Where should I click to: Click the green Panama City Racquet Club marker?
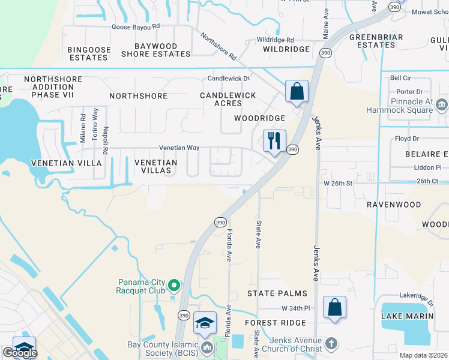coord(174,285)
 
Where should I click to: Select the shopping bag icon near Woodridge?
coord(297,92)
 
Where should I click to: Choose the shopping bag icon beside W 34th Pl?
coord(335,307)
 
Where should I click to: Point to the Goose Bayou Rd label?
coord(136,26)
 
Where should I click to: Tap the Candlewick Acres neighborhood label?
coord(228,100)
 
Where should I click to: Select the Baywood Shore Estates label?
coord(156,50)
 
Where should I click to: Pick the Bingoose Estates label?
coord(88,53)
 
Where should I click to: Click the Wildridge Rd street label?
coord(276,40)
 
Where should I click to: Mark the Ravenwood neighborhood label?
coord(394,205)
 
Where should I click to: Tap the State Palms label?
coord(277,293)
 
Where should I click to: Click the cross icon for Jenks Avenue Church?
coord(331,345)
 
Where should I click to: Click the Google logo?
coord(20,353)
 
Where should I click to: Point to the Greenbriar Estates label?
coord(372,41)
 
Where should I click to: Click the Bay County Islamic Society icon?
coord(207,347)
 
